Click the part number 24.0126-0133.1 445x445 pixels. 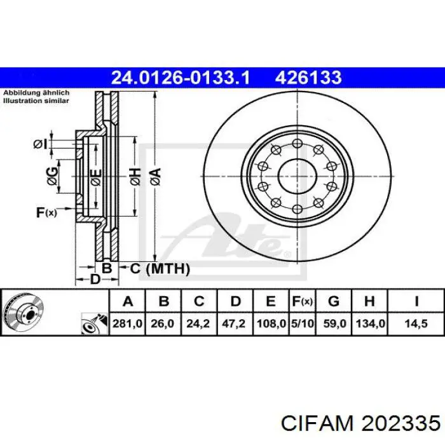(180, 78)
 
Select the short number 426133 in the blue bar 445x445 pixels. (308, 78)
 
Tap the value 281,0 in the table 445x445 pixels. (127, 324)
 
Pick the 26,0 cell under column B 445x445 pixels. (162, 324)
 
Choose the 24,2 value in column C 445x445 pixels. (198, 324)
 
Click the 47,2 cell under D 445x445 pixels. (234, 324)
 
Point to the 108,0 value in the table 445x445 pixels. (271, 324)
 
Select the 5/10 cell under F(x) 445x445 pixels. (303, 324)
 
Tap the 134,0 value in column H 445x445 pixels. (371, 324)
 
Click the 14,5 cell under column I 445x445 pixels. (416, 324)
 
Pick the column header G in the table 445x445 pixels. (334, 301)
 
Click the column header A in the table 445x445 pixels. (128, 301)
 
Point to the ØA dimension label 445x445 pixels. (156, 177)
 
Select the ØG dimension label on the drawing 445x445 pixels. (52, 177)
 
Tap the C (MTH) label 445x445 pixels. (160, 268)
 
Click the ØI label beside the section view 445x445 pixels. (40, 144)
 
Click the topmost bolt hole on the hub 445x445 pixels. (297, 143)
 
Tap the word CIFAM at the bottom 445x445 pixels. (317, 424)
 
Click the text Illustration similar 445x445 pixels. (36, 100)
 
